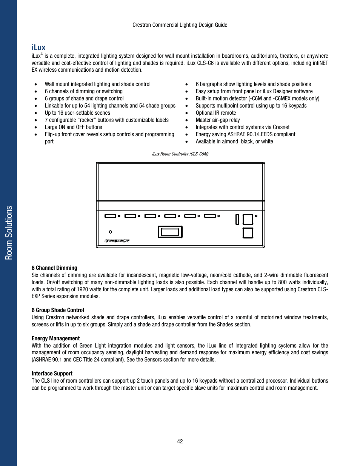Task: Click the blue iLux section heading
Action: (x=38, y=48)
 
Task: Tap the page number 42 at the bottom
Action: (x=180, y=441)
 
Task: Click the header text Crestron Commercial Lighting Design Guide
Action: (x=180, y=25)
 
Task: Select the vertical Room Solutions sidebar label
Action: (x=9, y=233)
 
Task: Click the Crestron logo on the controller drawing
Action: (x=117, y=241)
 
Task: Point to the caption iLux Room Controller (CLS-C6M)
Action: (x=180, y=154)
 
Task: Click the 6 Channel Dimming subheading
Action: (x=54, y=268)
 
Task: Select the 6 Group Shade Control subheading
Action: (x=58, y=310)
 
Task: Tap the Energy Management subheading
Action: (x=55, y=338)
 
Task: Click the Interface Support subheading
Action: (x=52, y=374)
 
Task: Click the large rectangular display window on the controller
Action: (x=170, y=232)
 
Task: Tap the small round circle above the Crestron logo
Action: (x=111, y=232)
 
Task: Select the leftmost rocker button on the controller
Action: (x=110, y=216)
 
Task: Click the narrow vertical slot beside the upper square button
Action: (x=237, y=219)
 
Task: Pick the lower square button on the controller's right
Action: (x=248, y=233)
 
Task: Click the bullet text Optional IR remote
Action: (x=215, y=113)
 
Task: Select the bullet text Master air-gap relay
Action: (x=217, y=120)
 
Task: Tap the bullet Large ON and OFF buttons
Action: (x=73, y=127)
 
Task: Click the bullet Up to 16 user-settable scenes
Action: (x=77, y=113)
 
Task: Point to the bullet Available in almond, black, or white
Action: (x=234, y=141)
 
